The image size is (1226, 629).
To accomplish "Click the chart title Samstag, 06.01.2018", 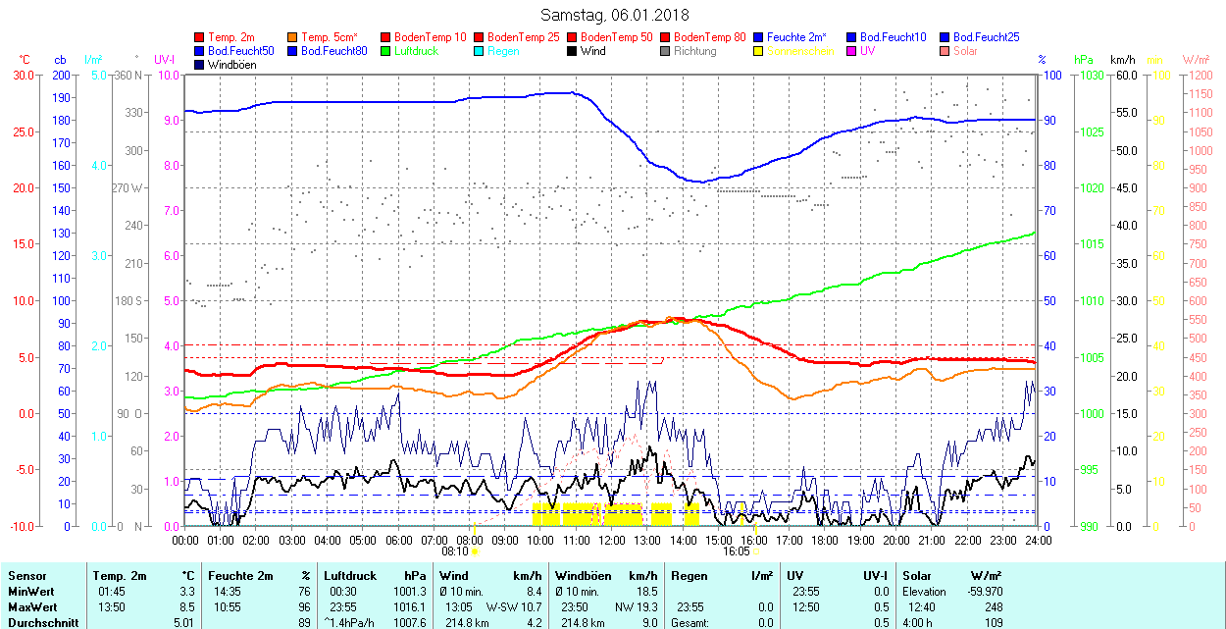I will point(614,15).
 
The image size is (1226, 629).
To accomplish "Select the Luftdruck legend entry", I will point(416,51).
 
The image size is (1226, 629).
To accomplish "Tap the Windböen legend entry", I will point(230,65).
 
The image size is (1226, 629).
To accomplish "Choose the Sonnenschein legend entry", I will point(800,51).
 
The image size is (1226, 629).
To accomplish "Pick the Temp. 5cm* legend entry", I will point(330,37).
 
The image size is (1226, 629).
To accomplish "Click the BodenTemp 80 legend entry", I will point(710,37).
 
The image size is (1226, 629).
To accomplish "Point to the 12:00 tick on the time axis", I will point(612,540).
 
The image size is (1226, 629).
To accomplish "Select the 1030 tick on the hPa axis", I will point(1090,75).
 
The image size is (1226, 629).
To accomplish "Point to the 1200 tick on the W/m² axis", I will point(1200,75).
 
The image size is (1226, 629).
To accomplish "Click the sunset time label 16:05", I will point(737,551).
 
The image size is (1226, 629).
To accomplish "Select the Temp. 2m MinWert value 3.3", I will point(186,592).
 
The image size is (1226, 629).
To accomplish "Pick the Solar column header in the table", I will point(917,576).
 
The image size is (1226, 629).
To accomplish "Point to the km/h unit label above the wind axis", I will point(1122,60).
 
